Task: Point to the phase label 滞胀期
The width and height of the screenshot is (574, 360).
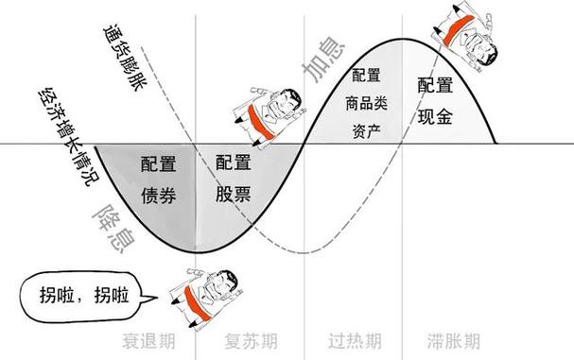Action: pos(452,339)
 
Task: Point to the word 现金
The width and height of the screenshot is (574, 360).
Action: pos(436,117)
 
